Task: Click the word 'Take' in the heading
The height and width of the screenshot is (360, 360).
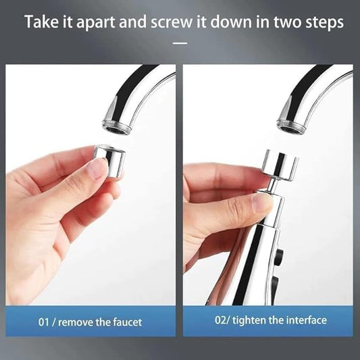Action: click(x=42, y=22)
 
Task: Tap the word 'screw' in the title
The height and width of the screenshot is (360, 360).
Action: click(x=172, y=22)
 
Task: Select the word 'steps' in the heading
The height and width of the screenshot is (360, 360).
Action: click(x=324, y=22)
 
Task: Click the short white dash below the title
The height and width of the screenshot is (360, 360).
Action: click(x=180, y=43)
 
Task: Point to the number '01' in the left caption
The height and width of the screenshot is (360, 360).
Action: click(x=44, y=322)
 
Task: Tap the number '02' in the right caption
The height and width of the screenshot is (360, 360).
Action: click(x=221, y=320)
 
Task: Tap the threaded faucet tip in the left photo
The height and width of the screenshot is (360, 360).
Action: click(x=117, y=128)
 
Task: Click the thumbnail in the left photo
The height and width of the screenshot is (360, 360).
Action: click(x=99, y=169)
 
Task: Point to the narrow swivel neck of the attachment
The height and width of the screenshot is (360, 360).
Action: click(x=272, y=185)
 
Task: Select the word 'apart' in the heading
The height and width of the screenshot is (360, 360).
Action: click(x=96, y=22)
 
